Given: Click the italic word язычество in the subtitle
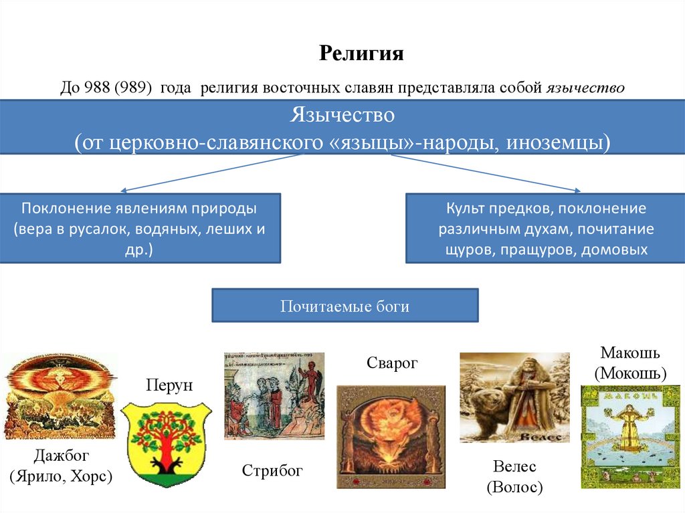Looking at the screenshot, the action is (x=585, y=88).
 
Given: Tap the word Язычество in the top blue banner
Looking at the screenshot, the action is (x=342, y=115).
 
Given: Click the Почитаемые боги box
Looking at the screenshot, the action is (x=345, y=306).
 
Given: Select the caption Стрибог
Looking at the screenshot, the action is (x=273, y=472).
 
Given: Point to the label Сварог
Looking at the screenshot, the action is (x=391, y=363).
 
